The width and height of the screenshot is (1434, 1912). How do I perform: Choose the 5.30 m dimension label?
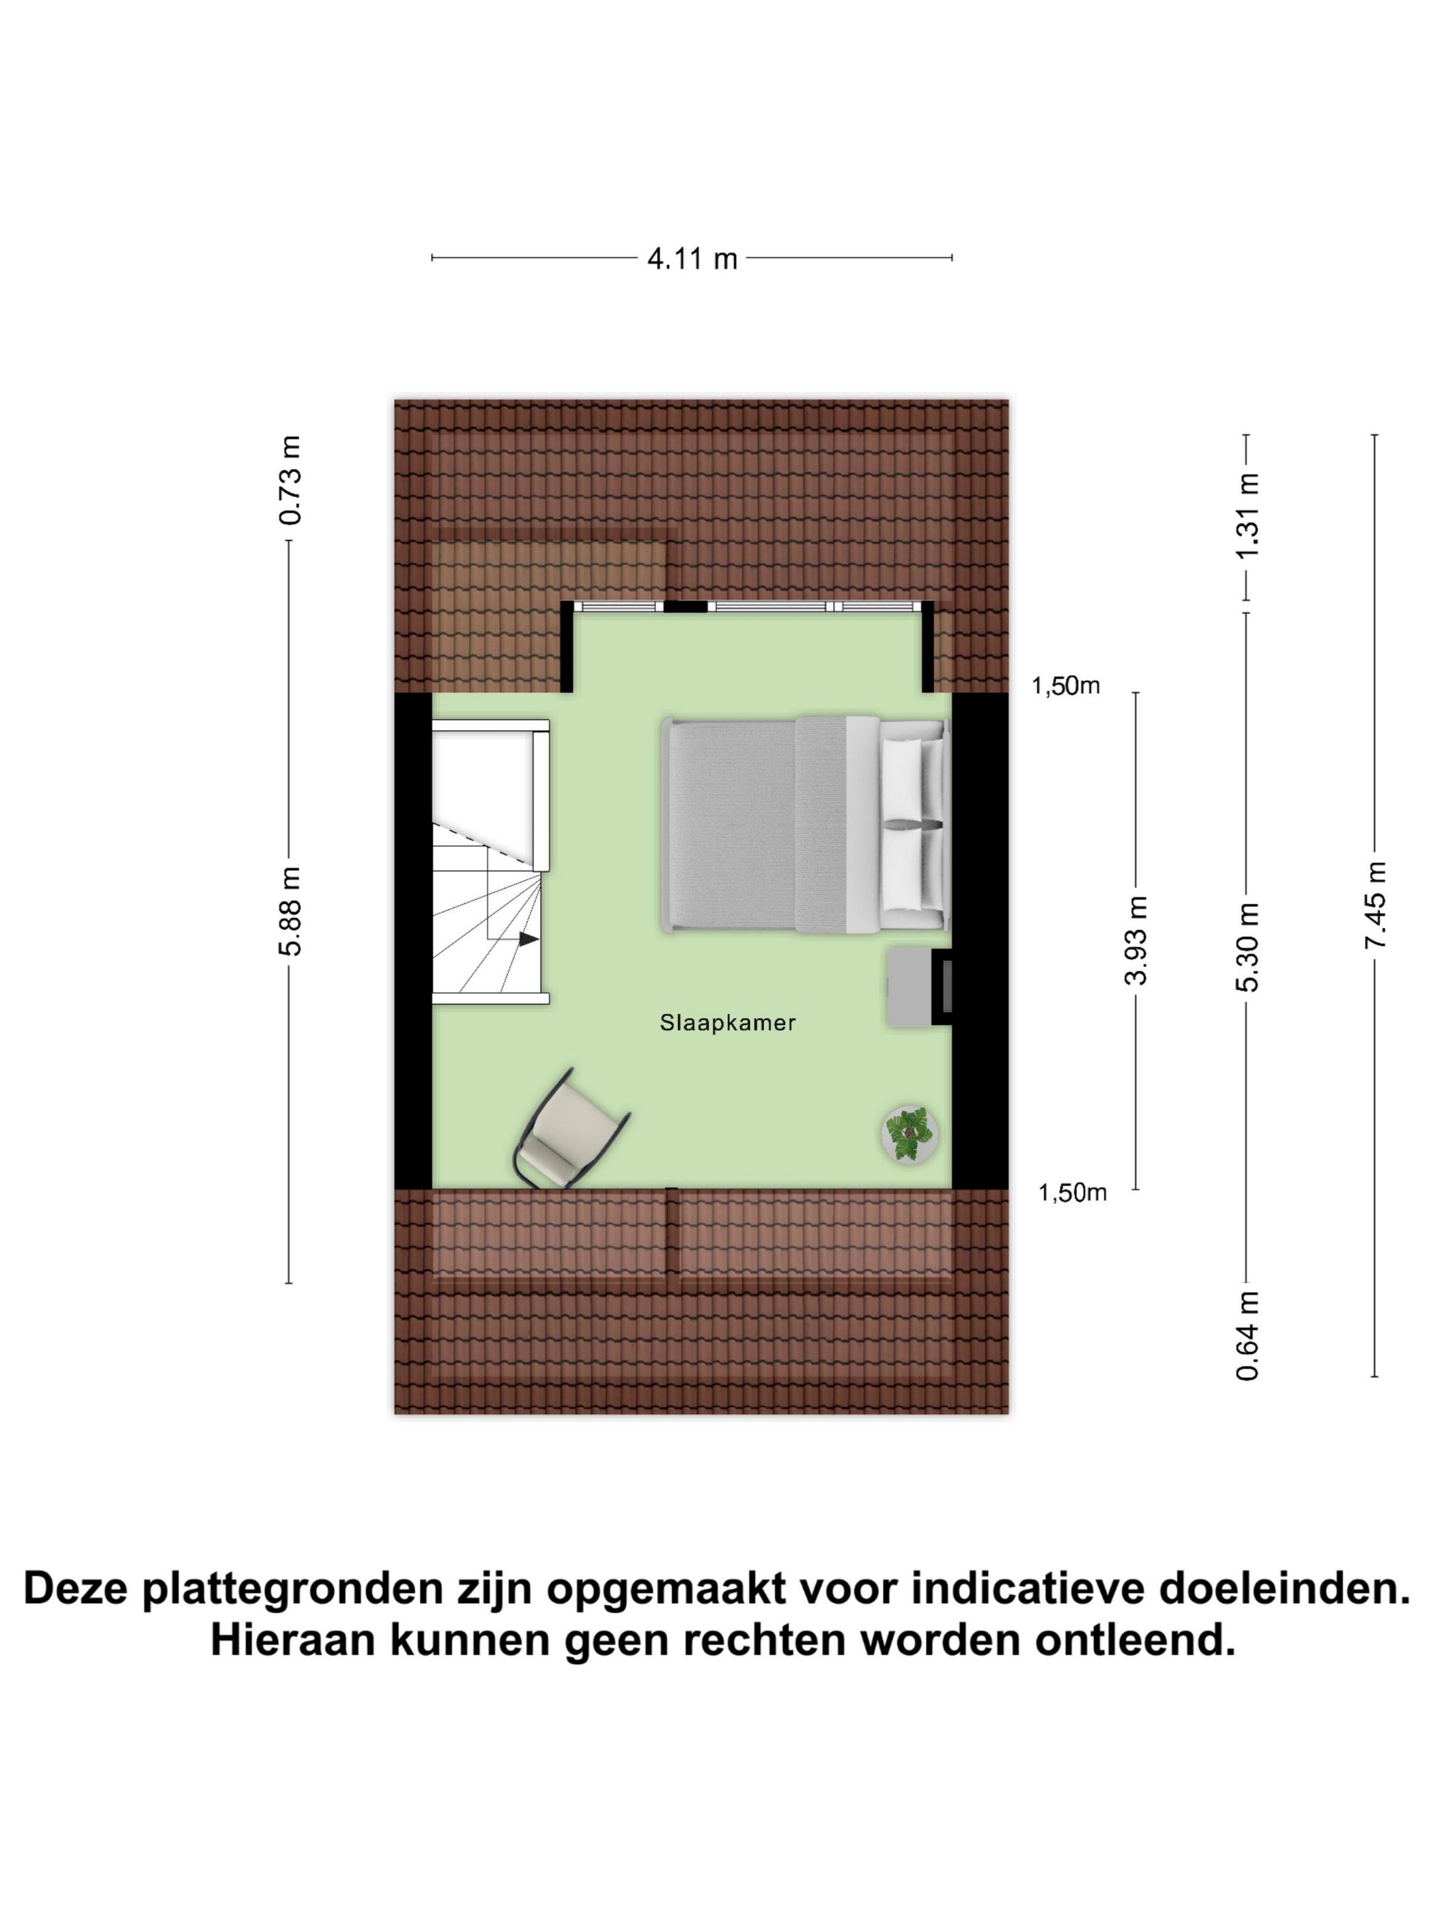[x=1248, y=946]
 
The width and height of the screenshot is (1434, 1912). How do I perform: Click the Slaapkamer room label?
[x=727, y=1022]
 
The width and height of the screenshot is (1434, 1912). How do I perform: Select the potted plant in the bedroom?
[x=910, y=1135]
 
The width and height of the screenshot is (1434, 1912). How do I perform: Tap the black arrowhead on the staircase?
[x=528, y=938]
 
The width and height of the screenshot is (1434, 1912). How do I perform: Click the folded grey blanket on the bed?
[x=819, y=825]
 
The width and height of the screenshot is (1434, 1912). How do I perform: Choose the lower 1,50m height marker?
[x=1072, y=1193]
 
